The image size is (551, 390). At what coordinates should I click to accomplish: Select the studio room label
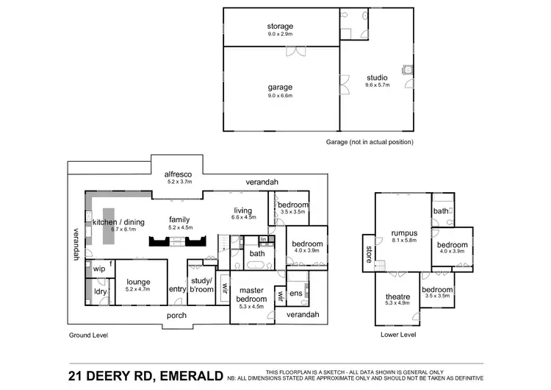378,77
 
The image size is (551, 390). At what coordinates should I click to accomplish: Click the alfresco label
178,174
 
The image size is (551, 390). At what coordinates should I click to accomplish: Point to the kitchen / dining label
118,221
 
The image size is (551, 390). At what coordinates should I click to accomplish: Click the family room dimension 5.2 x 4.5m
180,227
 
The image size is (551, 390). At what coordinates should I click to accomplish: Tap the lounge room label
137,281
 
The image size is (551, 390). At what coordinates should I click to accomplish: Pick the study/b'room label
201,285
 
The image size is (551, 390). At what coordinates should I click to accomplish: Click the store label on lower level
368,252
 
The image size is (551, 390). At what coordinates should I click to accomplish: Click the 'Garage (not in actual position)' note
370,141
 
